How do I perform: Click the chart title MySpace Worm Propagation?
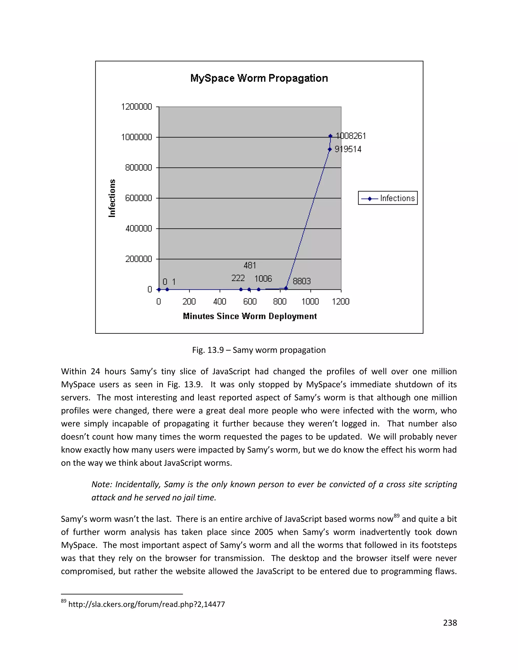click(259, 78)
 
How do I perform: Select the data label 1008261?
click(351, 136)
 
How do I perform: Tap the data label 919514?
click(348, 149)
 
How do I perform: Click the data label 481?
click(250, 265)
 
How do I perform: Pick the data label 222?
click(238, 278)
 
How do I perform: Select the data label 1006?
click(263, 279)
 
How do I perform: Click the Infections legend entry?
click(388, 198)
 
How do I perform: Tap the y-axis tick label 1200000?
click(137, 107)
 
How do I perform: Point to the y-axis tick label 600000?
click(138, 198)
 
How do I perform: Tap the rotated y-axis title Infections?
click(112, 198)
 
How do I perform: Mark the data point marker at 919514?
click(330, 149)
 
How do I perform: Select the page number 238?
click(450, 623)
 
